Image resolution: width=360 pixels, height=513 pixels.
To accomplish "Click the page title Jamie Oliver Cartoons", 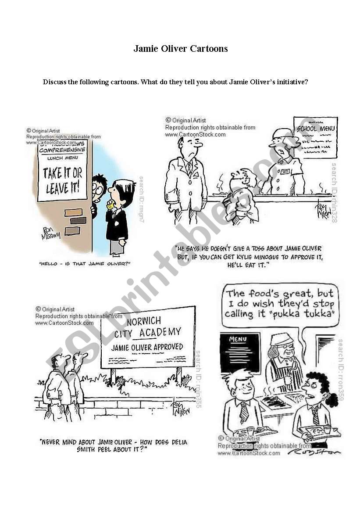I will pos(180,49).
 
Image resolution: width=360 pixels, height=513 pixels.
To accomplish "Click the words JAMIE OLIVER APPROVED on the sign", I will pos(147,347).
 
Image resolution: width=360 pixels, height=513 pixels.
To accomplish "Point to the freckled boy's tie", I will pos(244,413).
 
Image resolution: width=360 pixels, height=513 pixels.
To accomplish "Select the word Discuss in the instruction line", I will pos(54,82).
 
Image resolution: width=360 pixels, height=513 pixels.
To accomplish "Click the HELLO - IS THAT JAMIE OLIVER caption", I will pos(85,264).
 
